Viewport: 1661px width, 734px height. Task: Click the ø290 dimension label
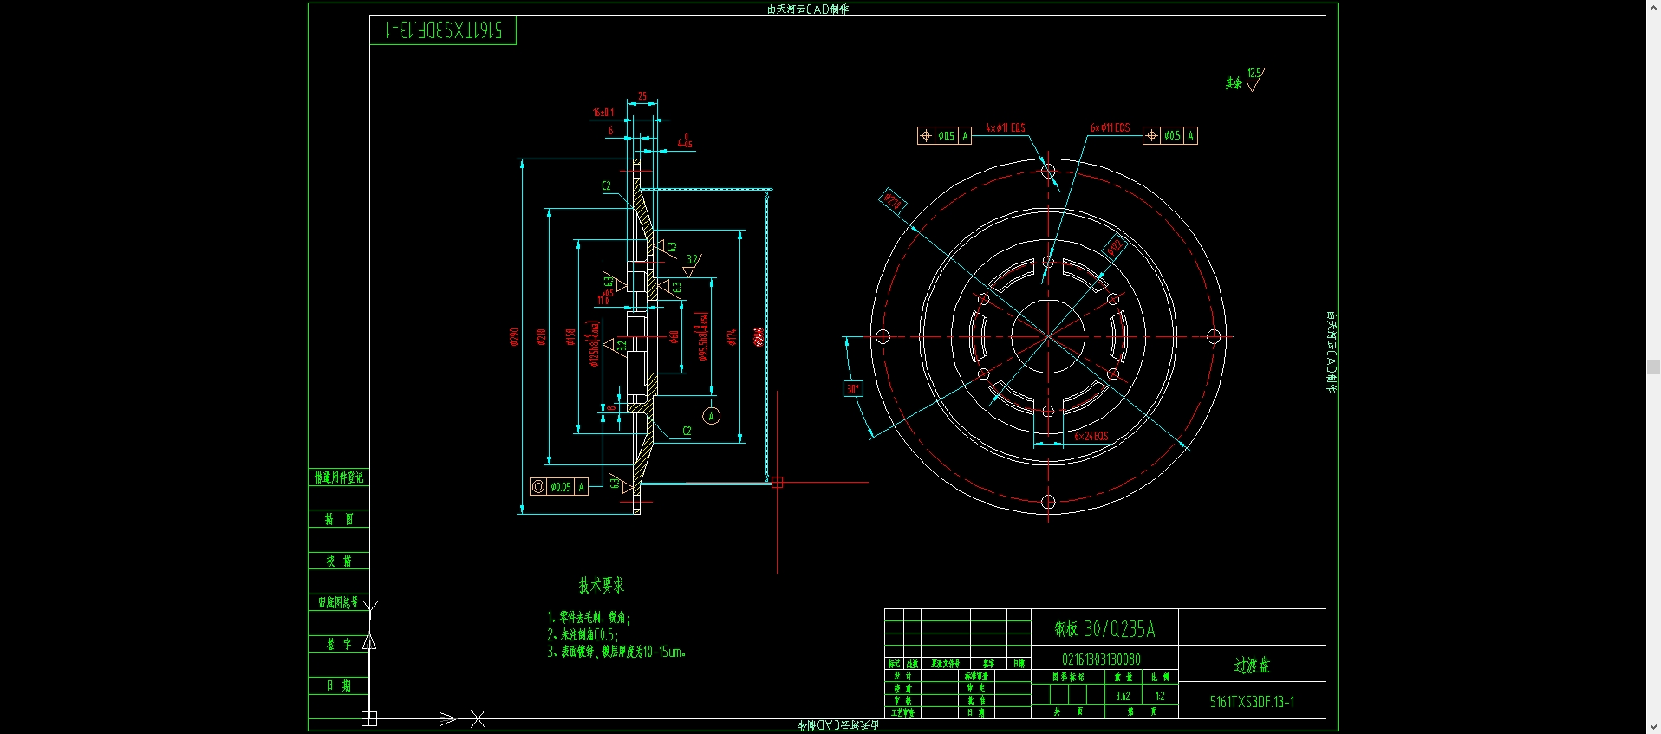click(x=514, y=336)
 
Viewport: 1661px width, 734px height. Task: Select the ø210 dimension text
click(x=541, y=336)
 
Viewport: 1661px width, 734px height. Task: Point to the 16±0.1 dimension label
click(x=603, y=113)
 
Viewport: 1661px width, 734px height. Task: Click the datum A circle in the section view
click(x=711, y=416)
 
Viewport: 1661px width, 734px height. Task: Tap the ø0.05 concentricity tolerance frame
click(x=559, y=487)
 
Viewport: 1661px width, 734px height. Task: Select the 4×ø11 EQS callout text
click(x=1005, y=128)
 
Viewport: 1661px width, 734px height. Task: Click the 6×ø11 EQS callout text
click(x=1110, y=128)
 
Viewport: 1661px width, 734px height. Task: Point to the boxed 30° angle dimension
click(x=853, y=389)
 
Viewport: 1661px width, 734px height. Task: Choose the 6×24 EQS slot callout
click(x=1091, y=436)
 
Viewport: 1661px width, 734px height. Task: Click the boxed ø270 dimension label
click(x=892, y=202)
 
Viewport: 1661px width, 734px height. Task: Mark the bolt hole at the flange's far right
click(x=1214, y=336)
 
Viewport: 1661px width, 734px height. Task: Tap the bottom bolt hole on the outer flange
click(x=1048, y=502)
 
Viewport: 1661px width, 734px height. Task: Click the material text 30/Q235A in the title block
click(x=1105, y=629)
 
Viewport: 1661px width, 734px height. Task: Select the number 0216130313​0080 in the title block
click(x=1101, y=659)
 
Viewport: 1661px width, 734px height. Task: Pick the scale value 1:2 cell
click(x=1159, y=696)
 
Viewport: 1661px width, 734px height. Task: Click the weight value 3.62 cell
click(x=1123, y=696)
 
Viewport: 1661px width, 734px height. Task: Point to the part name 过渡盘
click(x=1252, y=665)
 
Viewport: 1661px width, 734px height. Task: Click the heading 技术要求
click(x=602, y=586)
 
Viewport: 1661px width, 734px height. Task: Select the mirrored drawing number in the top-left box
click(x=443, y=30)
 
